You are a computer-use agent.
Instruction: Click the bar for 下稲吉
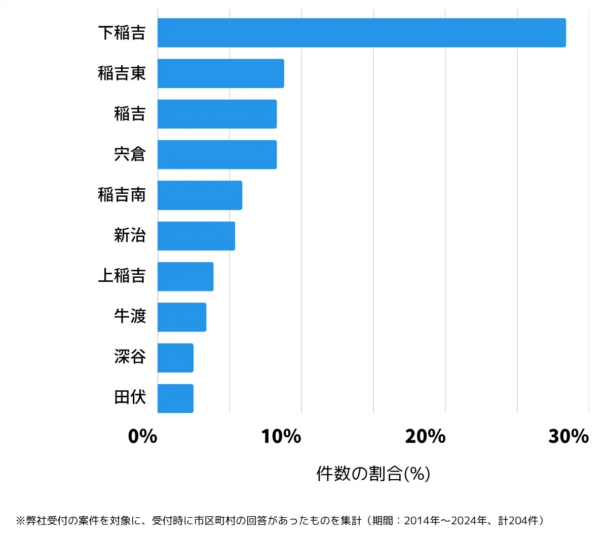[361, 33]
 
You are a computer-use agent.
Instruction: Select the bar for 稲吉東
[220, 73]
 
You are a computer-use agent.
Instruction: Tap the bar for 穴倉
[217, 154]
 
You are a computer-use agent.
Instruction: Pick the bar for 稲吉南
[200, 195]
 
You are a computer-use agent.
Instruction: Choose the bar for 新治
[196, 236]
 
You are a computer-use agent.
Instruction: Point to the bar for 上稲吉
[185, 276]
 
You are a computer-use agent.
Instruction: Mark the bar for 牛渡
[182, 317]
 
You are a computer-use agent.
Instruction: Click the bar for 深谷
[175, 358]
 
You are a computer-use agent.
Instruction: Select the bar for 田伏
[175, 398]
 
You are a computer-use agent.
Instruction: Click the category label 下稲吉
[122, 33]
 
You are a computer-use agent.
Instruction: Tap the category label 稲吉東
[122, 73]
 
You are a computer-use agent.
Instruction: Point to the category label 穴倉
[130, 154]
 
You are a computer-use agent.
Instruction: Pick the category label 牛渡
[130, 317]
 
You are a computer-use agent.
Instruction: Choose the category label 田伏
[130, 398]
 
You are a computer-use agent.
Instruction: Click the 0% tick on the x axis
[143, 436]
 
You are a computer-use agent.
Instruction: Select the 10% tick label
[281, 436]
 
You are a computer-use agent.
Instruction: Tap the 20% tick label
[425, 436]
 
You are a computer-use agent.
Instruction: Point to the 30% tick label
[568, 436]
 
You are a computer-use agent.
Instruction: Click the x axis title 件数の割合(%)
[373, 474]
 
